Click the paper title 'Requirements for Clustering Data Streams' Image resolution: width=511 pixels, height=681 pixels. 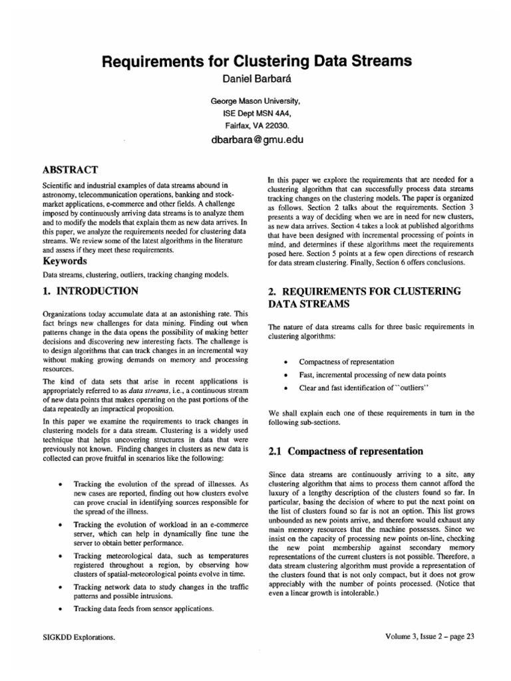(255, 63)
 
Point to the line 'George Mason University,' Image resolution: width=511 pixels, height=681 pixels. (255, 102)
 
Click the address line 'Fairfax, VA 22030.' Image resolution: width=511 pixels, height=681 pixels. (255, 124)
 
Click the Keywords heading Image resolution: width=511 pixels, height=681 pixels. (67, 261)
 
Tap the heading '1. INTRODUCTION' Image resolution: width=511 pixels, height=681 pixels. (90, 291)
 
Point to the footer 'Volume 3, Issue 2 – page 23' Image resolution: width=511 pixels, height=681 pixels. (429, 636)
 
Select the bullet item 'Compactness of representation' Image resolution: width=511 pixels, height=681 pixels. (347, 362)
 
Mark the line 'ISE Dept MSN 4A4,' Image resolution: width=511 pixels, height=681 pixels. (255, 114)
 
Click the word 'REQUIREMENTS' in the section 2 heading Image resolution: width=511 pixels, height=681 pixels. (323, 291)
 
